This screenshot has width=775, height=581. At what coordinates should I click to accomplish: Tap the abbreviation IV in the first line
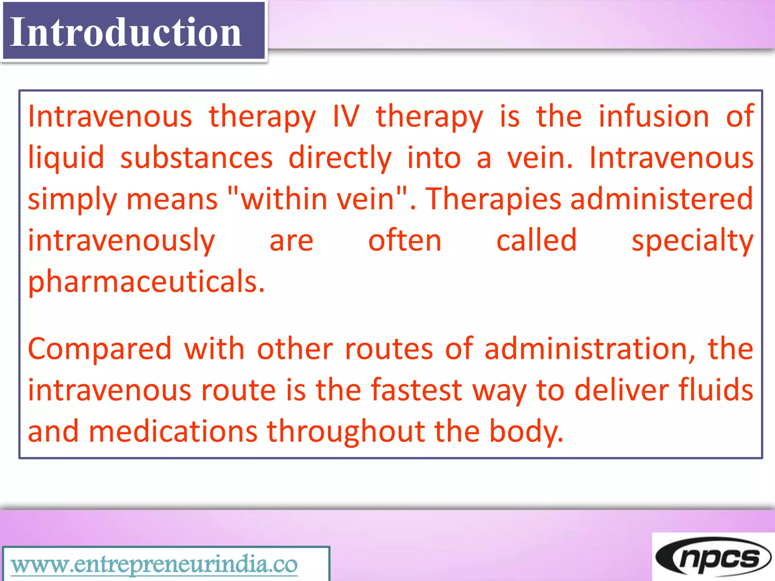click(x=346, y=117)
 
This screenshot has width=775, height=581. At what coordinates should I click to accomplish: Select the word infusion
click(x=654, y=117)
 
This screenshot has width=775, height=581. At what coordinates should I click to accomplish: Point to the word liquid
click(x=66, y=158)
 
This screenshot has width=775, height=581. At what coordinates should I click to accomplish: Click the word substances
click(x=196, y=158)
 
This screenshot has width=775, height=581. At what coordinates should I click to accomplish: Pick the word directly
click(x=340, y=158)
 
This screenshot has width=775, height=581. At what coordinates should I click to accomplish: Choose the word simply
click(x=72, y=200)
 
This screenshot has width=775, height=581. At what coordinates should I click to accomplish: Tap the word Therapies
click(x=493, y=199)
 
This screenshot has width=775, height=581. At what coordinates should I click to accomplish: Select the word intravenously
click(x=121, y=241)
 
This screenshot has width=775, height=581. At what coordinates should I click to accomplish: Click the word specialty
click(x=693, y=241)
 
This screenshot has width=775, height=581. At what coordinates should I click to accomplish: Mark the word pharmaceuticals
click(x=146, y=282)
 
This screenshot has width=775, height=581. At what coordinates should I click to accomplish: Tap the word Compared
click(x=100, y=349)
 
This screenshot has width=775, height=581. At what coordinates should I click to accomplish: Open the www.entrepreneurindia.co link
click(x=154, y=565)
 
